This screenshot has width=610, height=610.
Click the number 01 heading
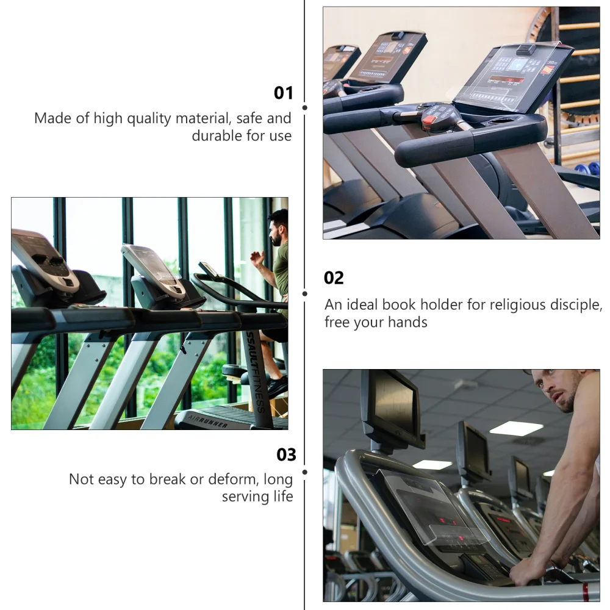[283, 93]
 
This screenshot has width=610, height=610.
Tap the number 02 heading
[334, 278]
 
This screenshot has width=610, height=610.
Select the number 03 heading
[286, 455]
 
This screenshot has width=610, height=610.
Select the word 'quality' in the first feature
[149, 119]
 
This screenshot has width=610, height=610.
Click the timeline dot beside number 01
[305, 107]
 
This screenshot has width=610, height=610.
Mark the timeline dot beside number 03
[305, 472]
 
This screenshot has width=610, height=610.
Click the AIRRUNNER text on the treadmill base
[208, 421]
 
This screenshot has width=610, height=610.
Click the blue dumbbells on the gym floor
[587, 170]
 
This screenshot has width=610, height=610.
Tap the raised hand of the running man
[257, 258]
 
